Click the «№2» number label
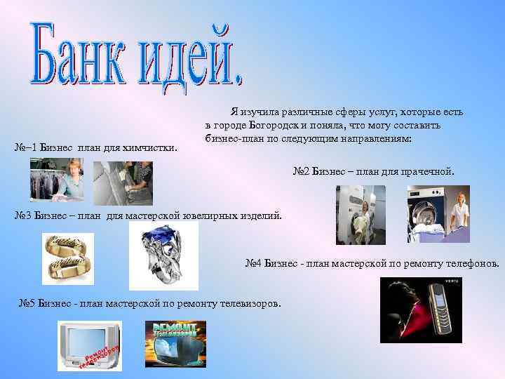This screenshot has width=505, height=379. pyautogui.click(x=300, y=171)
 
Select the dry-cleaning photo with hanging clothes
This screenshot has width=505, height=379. pyautogui.click(x=56, y=180)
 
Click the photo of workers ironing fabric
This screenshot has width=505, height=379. pyautogui.click(x=123, y=182)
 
